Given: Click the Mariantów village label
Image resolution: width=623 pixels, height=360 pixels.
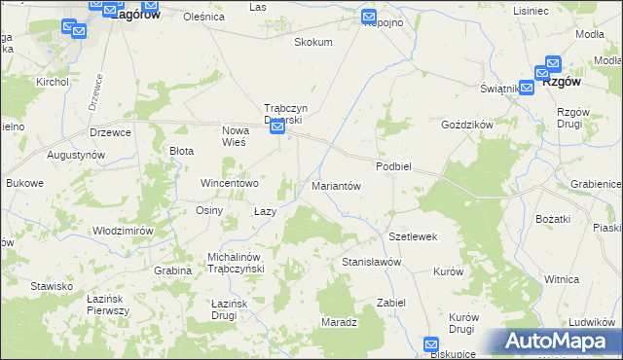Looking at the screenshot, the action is [x=336, y=185].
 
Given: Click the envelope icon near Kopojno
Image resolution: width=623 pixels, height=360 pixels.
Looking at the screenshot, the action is [x=369, y=17].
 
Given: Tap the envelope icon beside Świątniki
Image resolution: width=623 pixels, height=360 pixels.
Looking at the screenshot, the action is [x=526, y=87].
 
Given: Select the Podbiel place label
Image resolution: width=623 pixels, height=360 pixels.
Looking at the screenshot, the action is [x=395, y=166].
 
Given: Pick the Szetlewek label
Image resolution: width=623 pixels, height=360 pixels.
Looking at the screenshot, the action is [x=413, y=236].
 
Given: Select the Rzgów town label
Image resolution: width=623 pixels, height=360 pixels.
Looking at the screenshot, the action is [x=568, y=83].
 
